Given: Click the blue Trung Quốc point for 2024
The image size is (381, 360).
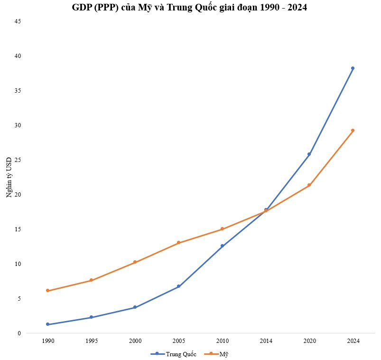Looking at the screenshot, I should (x=353, y=68).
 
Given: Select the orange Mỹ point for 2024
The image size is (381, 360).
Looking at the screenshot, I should (x=353, y=130).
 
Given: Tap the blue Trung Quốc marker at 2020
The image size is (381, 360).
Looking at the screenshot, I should (x=309, y=154).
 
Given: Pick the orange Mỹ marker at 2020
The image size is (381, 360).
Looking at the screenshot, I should (x=309, y=185).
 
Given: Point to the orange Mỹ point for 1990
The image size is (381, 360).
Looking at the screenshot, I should (x=47, y=290).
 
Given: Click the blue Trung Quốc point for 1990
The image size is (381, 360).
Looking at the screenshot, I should (x=47, y=324).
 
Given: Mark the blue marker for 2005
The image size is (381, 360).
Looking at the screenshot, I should (x=178, y=286).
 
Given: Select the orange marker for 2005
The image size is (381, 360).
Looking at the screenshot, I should (x=178, y=243).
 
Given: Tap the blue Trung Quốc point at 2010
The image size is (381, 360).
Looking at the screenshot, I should (x=222, y=246).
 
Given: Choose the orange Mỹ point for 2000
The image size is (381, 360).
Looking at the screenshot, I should (x=135, y=262).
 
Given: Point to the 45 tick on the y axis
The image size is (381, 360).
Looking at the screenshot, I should (x=18, y=21).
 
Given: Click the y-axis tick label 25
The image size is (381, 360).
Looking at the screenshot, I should (x=18, y=160).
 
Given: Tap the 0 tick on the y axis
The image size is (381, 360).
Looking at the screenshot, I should (x=19, y=333).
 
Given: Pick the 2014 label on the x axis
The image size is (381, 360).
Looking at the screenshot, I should (x=266, y=341).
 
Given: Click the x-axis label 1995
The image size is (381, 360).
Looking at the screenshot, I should (x=91, y=341).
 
